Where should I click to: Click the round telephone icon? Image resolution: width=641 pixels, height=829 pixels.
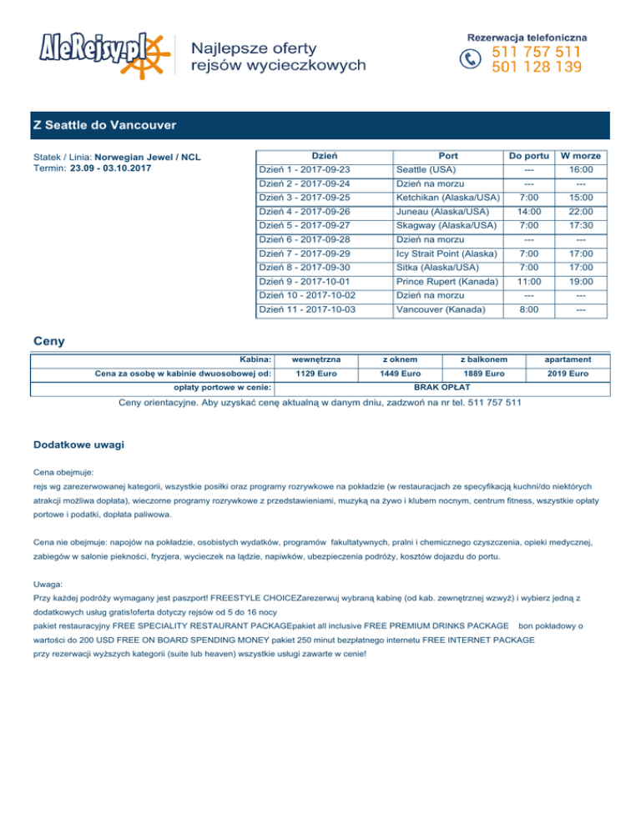point(472,58)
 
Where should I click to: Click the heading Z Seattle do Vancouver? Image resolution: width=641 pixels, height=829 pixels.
point(104,125)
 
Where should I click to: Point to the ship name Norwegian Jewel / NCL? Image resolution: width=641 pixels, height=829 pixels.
point(148,157)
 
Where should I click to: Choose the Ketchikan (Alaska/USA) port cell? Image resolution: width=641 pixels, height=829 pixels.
point(447,198)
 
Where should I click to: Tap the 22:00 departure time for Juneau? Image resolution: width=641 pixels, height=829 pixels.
point(582,212)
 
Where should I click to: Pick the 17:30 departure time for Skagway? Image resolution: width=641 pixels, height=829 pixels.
point(582,226)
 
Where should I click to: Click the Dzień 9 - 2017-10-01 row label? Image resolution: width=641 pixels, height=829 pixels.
point(305,283)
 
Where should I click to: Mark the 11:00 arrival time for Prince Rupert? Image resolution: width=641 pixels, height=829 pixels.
point(527,283)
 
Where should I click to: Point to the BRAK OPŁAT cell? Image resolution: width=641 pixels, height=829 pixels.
point(443,387)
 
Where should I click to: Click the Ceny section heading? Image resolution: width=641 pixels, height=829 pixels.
point(48,341)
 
